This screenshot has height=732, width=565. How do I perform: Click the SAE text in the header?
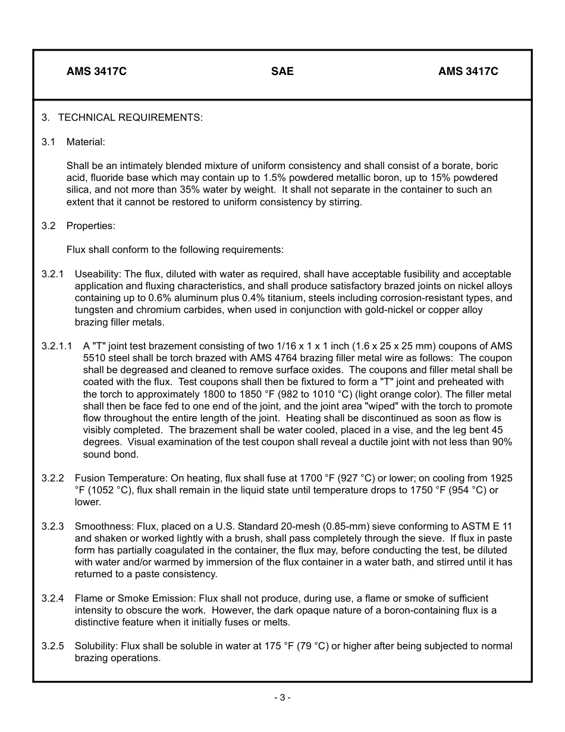click(282, 71)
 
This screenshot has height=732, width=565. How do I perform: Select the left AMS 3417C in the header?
click(96, 71)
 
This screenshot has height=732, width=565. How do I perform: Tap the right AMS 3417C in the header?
click(468, 71)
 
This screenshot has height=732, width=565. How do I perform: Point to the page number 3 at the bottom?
click(282, 697)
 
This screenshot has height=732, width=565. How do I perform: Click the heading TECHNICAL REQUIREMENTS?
click(130, 117)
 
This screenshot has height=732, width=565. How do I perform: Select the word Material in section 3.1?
click(86, 142)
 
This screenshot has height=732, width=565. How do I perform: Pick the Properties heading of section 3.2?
click(91, 226)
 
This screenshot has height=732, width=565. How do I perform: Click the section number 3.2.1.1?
click(57, 346)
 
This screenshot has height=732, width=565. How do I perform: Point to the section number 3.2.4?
click(53, 598)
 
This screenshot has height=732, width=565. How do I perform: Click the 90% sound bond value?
click(503, 442)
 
